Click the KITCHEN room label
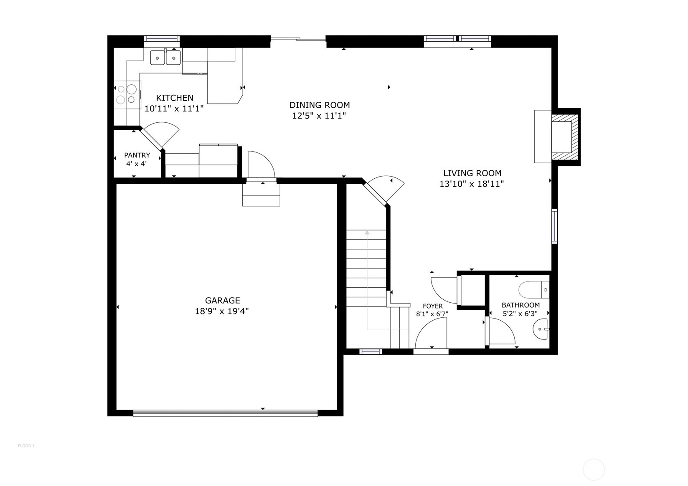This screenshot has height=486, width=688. pos(175,98)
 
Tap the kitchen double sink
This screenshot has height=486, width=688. pos(165,57)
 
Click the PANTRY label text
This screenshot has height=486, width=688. pos(137,155)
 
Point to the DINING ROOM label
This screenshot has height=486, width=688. pos(320,105)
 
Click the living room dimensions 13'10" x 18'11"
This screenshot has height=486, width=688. pos(472,184)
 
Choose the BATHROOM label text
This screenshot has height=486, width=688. pos(520,305)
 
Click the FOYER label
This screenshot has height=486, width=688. pos(432,306)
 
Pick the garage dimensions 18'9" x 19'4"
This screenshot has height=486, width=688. pos(222,311)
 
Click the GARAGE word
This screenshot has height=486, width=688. pos(222,300)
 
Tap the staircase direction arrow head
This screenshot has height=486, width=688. pos(367,232)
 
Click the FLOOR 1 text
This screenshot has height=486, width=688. pos(26,446)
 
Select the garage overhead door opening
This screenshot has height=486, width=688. pos(225,413)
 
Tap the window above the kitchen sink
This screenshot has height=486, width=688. pos(162,39)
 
